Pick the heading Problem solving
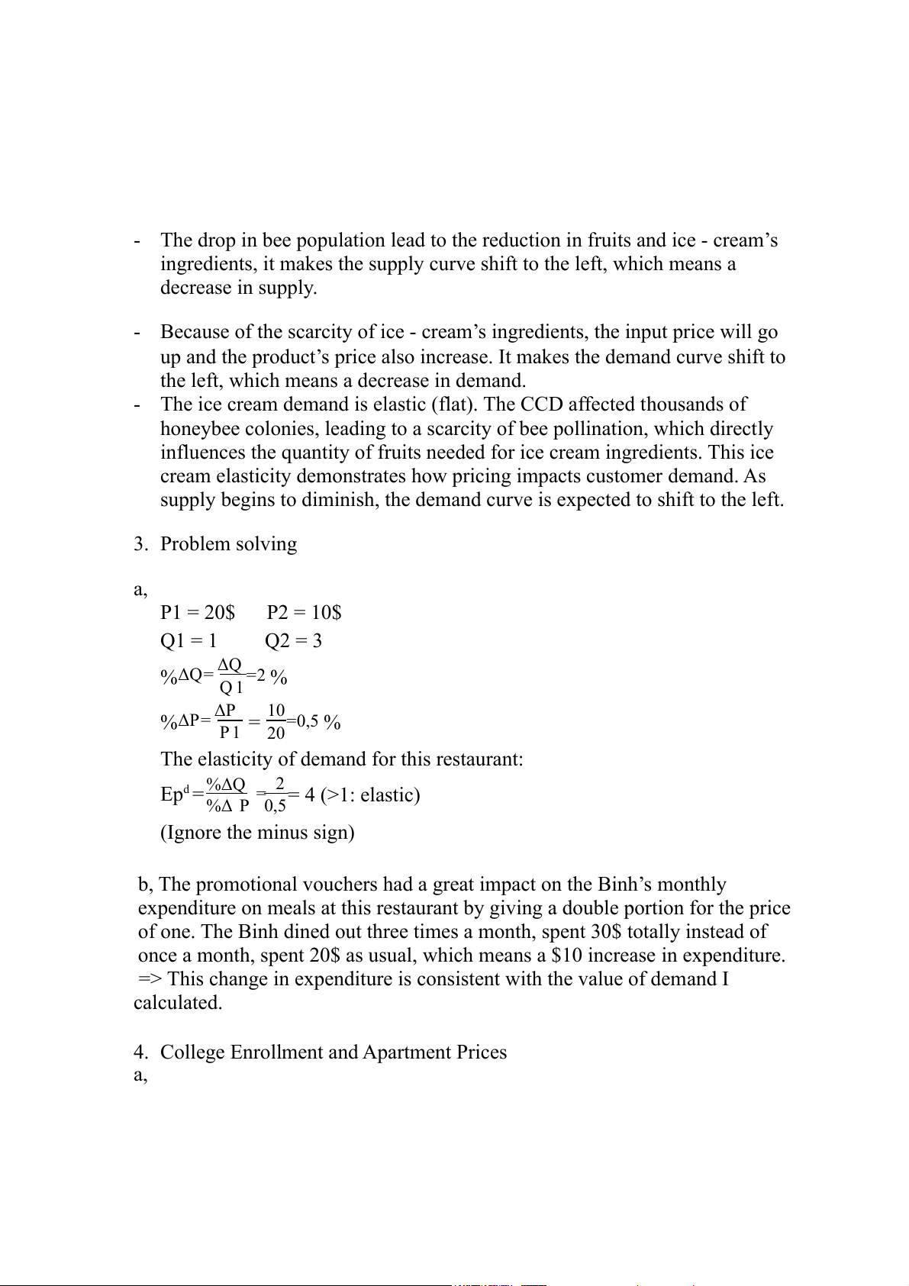coord(228,544)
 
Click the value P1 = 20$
coord(198,612)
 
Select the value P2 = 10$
coord(304,612)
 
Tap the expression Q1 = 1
coord(189,640)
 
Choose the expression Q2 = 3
coord(293,640)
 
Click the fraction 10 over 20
coord(276,721)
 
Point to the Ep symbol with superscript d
coord(174,794)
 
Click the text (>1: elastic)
coord(370,795)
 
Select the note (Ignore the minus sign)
coord(257,832)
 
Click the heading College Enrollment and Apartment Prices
coord(333,1052)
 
